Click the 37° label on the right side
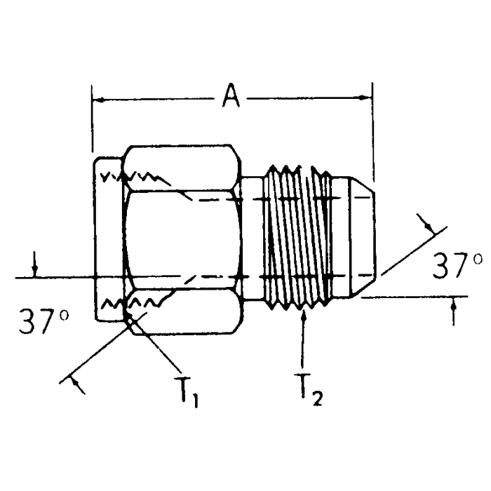click(x=457, y=266)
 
